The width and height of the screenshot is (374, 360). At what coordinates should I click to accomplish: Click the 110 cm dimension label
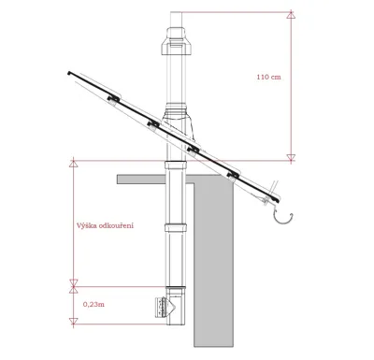coord(268,77)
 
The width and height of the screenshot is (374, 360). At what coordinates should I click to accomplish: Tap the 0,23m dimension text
coord(93,303)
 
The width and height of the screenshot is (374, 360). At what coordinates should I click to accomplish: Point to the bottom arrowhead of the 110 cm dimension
coord(291,156)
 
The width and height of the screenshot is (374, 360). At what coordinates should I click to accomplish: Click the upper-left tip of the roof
coord(69,71)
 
